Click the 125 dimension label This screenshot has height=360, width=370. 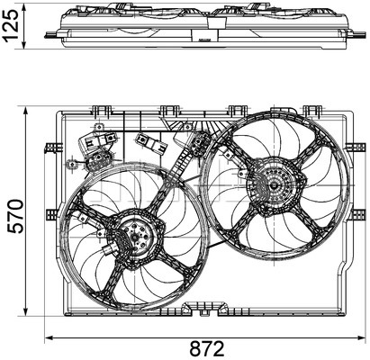pos(11,25)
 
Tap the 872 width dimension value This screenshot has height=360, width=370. pos(207,349)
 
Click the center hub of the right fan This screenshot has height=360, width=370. pos(274,185)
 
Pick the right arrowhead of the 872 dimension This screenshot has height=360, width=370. pos(362,337)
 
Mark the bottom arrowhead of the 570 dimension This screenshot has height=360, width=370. pos(26,310)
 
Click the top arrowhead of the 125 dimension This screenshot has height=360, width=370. pos(24,8)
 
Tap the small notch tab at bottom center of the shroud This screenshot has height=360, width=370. pos(204,312)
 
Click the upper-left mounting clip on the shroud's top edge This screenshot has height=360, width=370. pos(100,112)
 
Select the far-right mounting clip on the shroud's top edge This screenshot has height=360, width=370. pos(313,112)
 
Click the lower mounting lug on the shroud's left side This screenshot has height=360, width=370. pos(52,214)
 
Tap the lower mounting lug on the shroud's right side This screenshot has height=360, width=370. pos(357,214)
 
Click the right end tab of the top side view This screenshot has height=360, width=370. pos(357,34)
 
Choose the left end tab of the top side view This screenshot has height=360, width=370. pos(52,35)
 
